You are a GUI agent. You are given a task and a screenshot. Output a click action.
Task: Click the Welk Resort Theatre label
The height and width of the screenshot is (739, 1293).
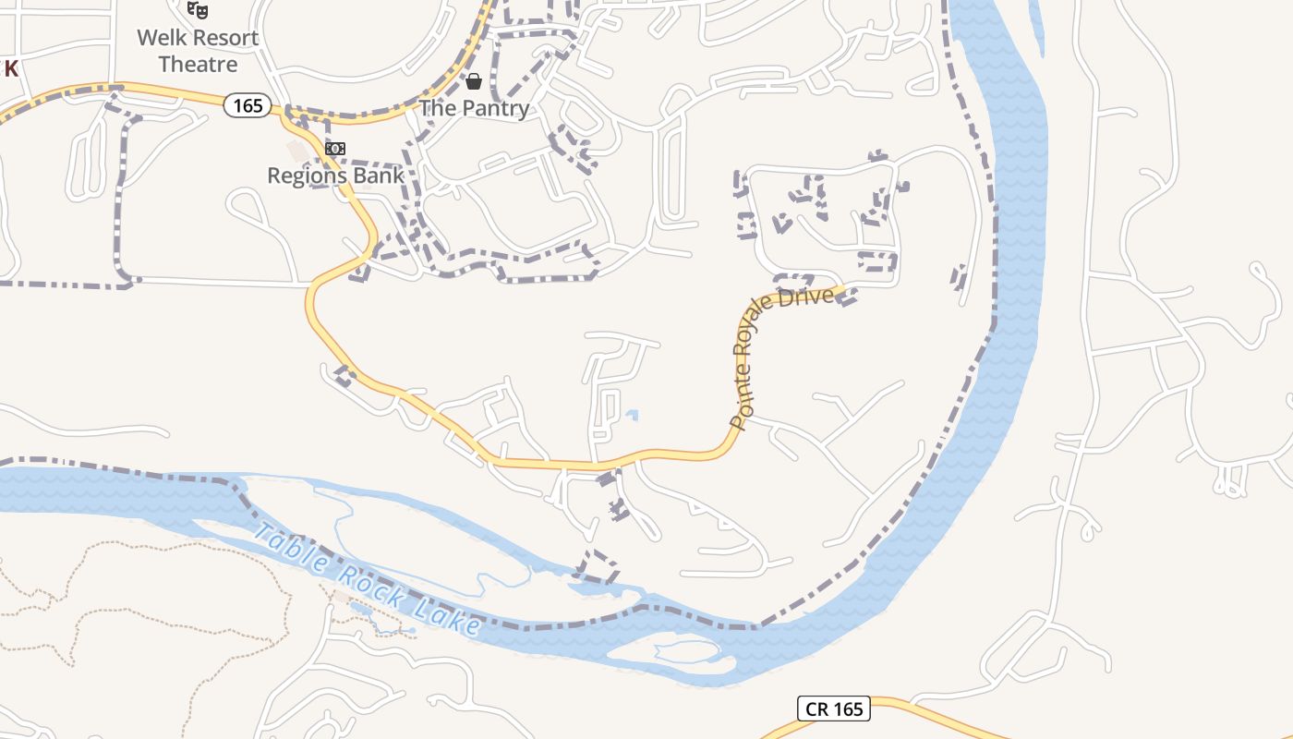tap(198, 51)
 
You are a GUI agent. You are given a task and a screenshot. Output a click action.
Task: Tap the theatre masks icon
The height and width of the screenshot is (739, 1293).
tap(197, 10)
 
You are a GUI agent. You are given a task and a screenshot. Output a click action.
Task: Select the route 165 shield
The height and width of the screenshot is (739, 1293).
tap(248, 105)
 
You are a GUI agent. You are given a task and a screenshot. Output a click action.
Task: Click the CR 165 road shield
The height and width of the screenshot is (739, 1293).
tap(834, 709)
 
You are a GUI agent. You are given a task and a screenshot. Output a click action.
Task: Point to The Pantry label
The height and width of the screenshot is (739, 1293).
tap(475, 108)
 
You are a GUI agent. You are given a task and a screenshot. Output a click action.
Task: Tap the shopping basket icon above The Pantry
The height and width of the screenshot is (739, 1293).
tap(474, 81)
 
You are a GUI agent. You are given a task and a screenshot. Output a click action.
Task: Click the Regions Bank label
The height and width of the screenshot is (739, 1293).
tap(335, 176)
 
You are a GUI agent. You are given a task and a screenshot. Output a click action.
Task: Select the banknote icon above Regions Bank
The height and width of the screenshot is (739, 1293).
tap(335, 149)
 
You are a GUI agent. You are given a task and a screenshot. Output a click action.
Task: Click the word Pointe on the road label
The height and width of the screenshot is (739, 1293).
tap(739, 406)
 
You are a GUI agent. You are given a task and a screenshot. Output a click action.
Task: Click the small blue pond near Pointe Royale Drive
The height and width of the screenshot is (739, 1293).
tap(631, 415)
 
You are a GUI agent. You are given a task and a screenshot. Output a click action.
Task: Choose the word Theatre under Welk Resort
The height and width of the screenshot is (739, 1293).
tap(198, 65)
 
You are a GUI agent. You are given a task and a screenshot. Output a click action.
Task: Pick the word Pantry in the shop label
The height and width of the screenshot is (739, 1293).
tap(496, 108)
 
